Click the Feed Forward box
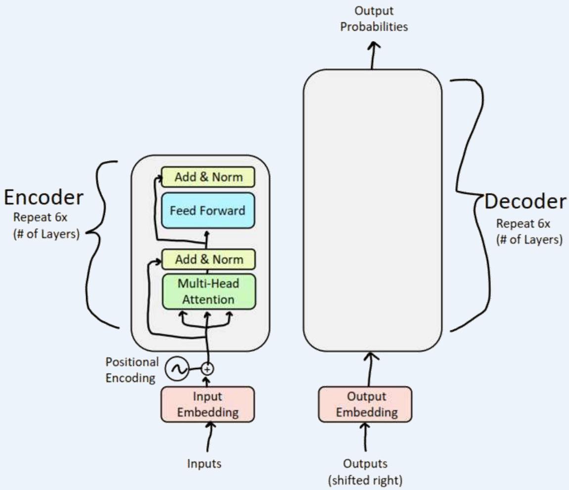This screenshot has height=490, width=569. point(207,211)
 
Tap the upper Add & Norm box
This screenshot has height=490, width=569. point(208,177)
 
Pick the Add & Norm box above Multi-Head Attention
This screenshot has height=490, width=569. point(208,259)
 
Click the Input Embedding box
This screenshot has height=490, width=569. point(208,404)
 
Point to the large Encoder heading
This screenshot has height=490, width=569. point(44,198)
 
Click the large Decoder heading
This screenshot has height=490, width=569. point(525,202)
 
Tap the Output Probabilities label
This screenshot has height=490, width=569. point(374,19)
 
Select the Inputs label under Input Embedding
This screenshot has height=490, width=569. point(204,464)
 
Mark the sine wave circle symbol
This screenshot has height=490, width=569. point(177,369)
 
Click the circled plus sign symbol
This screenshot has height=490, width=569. point(208,369)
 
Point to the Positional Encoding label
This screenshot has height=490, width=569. point(132,370)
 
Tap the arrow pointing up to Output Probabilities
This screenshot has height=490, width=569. point(374,54)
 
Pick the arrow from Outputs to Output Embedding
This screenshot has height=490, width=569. point(366,437)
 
